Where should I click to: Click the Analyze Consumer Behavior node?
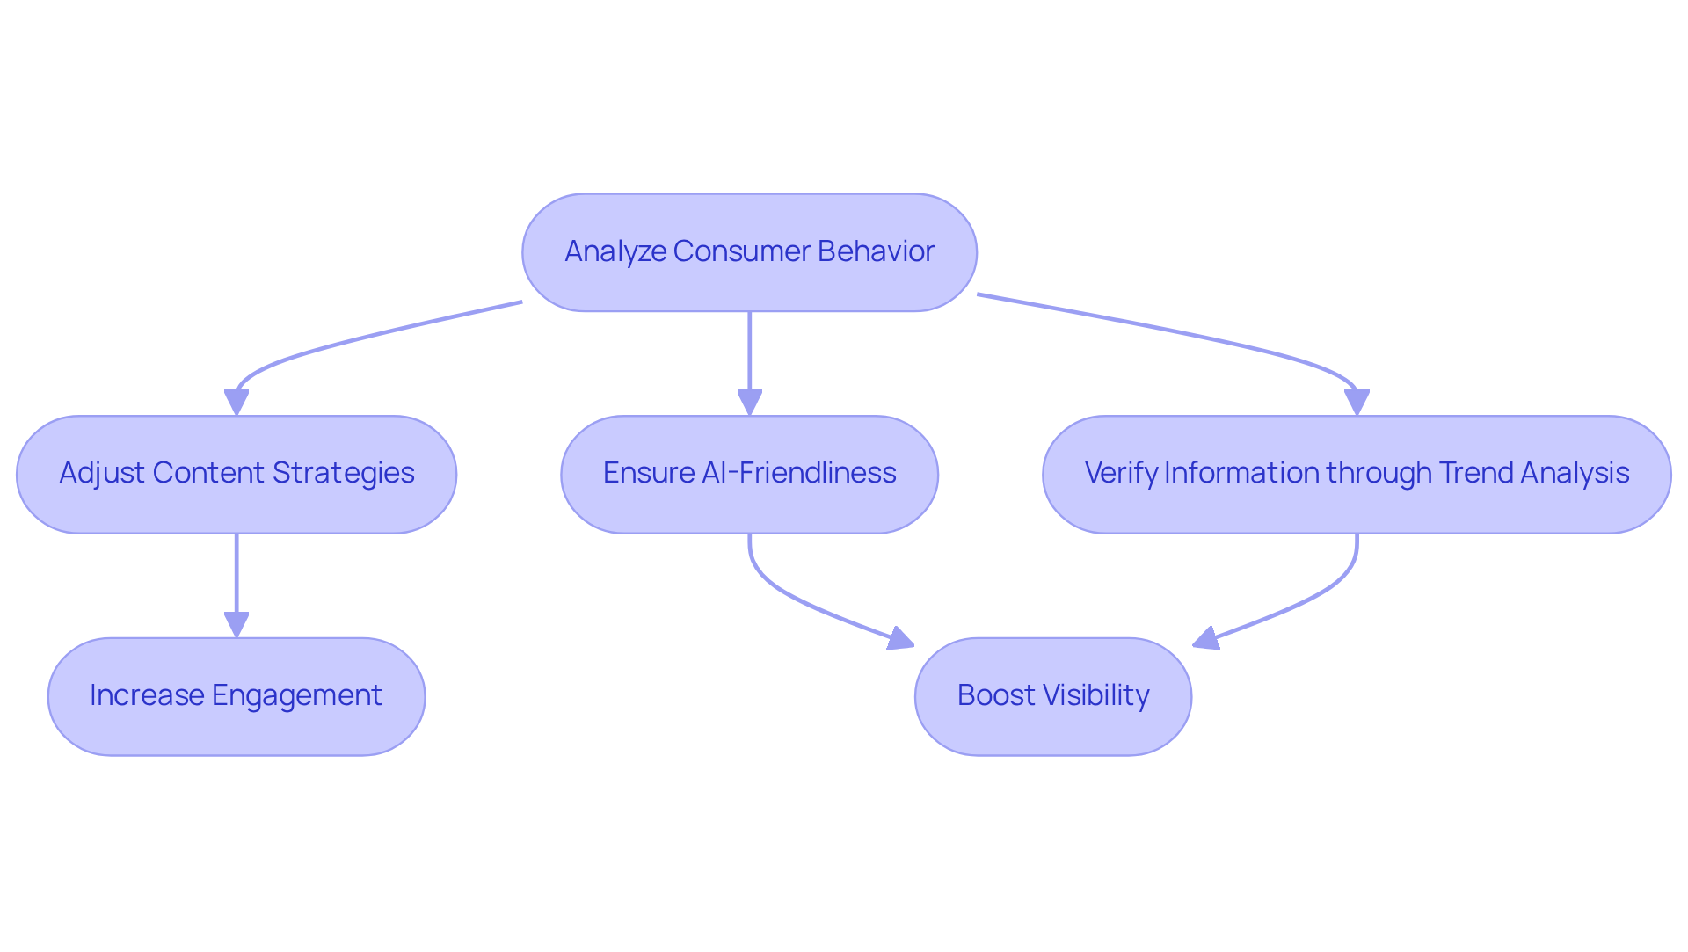(749, 252)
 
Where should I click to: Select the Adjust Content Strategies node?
(236, 475)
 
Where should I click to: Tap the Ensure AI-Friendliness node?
(749, 475)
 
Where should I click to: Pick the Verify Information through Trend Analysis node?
(1357, 475)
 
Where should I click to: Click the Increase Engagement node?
(236, 696)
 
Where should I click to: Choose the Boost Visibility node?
(1053, 696)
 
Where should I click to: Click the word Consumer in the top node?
(741, 251)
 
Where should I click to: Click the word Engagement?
(297, 695)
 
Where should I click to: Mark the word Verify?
(1121, 473)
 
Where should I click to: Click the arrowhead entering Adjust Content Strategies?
(236, 403)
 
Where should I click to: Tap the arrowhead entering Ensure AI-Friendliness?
(749, 403)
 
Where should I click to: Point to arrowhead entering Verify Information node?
(1357, 403)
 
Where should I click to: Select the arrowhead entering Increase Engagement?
(236, 625)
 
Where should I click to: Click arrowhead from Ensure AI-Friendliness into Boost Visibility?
(901, 639)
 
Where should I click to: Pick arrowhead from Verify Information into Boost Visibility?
(1206, 639)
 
